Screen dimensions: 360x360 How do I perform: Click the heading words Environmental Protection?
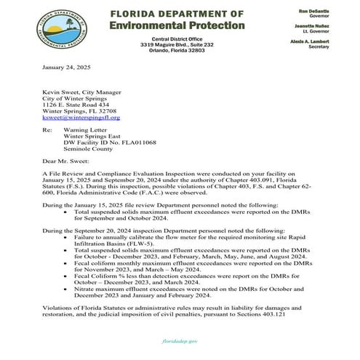tap(176, 25)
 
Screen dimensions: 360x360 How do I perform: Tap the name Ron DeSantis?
tap(314, 11)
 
